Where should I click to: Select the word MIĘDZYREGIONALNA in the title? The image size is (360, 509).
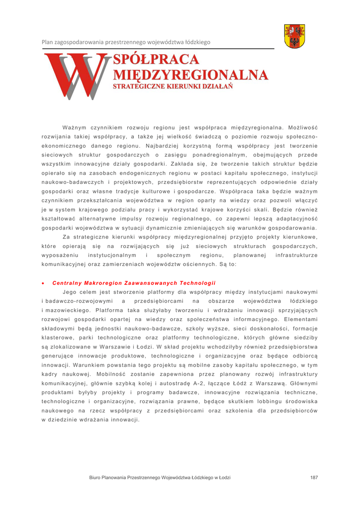click(x=191, y=75)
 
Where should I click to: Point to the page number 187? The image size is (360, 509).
click(x=314, y=478)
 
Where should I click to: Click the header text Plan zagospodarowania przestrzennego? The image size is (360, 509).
click(x=126, y=42)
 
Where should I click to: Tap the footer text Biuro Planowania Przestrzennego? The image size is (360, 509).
click(x=160, y=478)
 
